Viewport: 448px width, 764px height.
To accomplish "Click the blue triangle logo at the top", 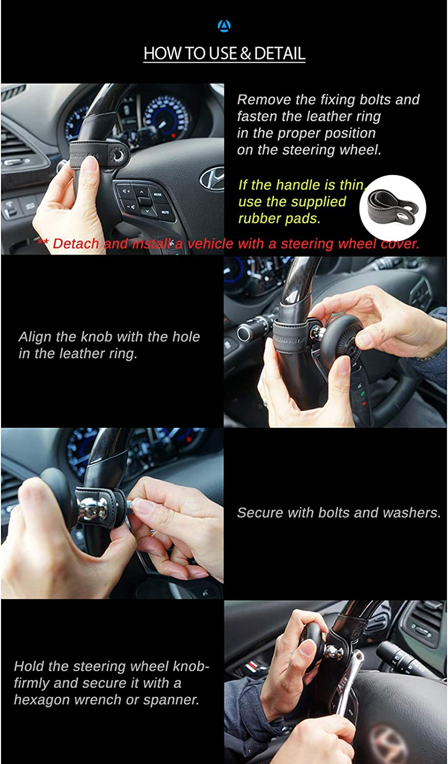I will pyautogui.click(x=224, y=26).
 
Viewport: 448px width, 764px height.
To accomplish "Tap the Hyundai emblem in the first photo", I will pyautogui.click(x=212, y=179).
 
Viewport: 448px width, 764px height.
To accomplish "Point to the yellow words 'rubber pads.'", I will pyautogui.click(x=279, y=219).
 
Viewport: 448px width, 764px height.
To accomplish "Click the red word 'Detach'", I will pyautogui.click(x=76, y=243).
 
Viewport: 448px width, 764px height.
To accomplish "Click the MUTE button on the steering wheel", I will pyautogui.click(x=165, y=211).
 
